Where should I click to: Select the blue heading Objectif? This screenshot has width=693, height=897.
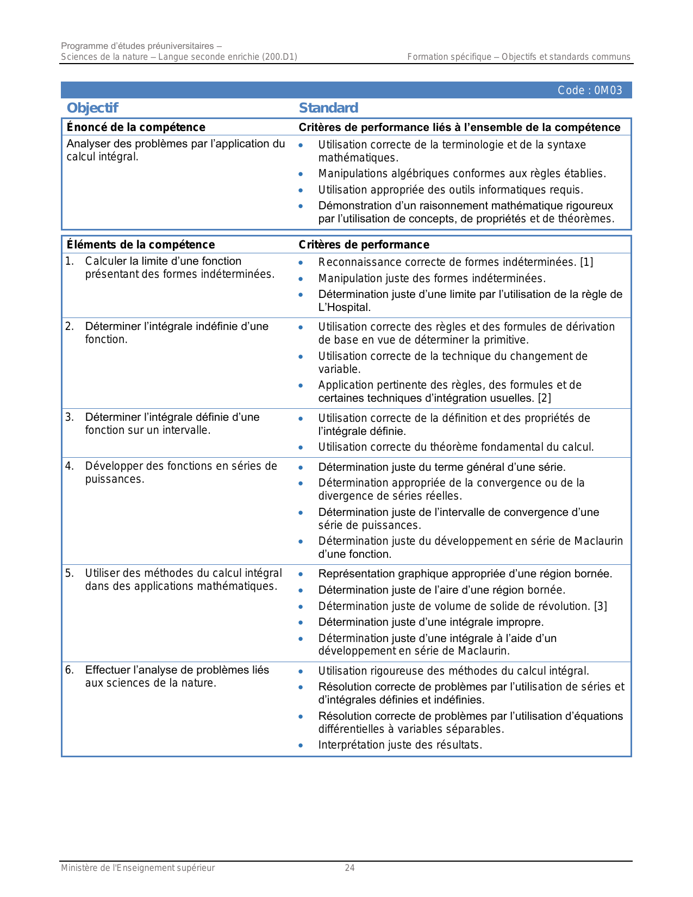coord(92,108)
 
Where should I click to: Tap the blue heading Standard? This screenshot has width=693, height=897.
coord(328,108)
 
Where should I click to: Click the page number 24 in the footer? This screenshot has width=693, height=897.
coord(349,868)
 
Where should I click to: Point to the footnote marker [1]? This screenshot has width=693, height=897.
coord(586,262)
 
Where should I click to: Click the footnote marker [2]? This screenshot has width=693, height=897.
coord(545,398)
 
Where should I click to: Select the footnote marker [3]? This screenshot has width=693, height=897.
coord(601,606)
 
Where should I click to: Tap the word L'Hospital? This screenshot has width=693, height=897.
coord(345,307)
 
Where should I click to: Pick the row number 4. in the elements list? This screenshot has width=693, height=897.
coord(69,466)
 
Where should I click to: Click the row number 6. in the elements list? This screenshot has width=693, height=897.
coord(69,670)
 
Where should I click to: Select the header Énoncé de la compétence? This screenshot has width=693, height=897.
coord(136,127)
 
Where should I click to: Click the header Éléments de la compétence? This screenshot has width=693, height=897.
coord(141,245)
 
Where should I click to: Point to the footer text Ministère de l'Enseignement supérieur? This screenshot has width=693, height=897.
coord(138,868)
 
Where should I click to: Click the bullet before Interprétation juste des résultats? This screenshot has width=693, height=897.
coord(301,745)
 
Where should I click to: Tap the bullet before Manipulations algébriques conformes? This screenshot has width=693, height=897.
coord(301,174)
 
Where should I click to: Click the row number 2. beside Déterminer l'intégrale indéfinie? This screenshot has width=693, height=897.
coord(69,326)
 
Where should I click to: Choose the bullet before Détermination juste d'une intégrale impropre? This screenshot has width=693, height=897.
coord(301,622)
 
